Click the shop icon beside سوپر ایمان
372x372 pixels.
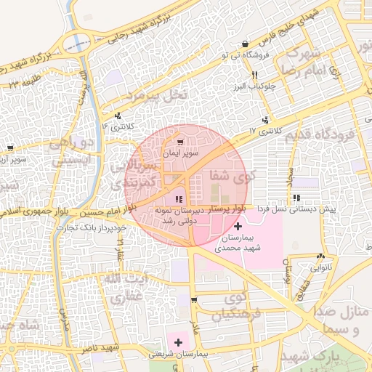pos(180,142)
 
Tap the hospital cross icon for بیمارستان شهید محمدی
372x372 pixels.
pos(238,227)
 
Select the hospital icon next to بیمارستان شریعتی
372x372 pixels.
pos(178,341)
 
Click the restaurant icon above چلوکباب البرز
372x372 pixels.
pos(254,75)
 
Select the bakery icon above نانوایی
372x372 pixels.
pos(320,256)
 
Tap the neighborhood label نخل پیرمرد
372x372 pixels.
pos(155,95)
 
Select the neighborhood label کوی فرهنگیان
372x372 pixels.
pos(244,306)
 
